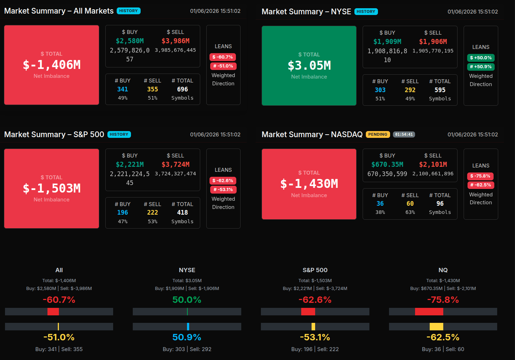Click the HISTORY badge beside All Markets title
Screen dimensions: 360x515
128,11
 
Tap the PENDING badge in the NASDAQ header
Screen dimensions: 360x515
378,135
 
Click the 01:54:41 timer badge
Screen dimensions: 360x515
404,135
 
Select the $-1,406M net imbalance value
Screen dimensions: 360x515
52,65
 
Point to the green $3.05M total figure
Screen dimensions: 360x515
309,66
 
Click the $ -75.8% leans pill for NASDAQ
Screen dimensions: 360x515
480,176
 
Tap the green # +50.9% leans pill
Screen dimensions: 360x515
481,67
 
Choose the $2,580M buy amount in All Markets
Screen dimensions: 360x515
130,41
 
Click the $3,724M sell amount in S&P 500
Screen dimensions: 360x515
176,165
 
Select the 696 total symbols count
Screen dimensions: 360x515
182,89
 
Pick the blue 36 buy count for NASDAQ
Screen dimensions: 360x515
380,204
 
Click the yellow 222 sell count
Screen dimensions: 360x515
152,212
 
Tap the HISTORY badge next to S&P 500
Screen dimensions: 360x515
119,135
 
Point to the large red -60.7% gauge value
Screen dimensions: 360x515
59,300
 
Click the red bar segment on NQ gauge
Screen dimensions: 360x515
429,312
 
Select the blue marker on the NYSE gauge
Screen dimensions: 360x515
188,326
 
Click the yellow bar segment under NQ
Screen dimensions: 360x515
436,326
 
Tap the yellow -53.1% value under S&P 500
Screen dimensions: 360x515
315,337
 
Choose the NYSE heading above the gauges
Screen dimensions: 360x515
187,270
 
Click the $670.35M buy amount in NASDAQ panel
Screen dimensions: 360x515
387,165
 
